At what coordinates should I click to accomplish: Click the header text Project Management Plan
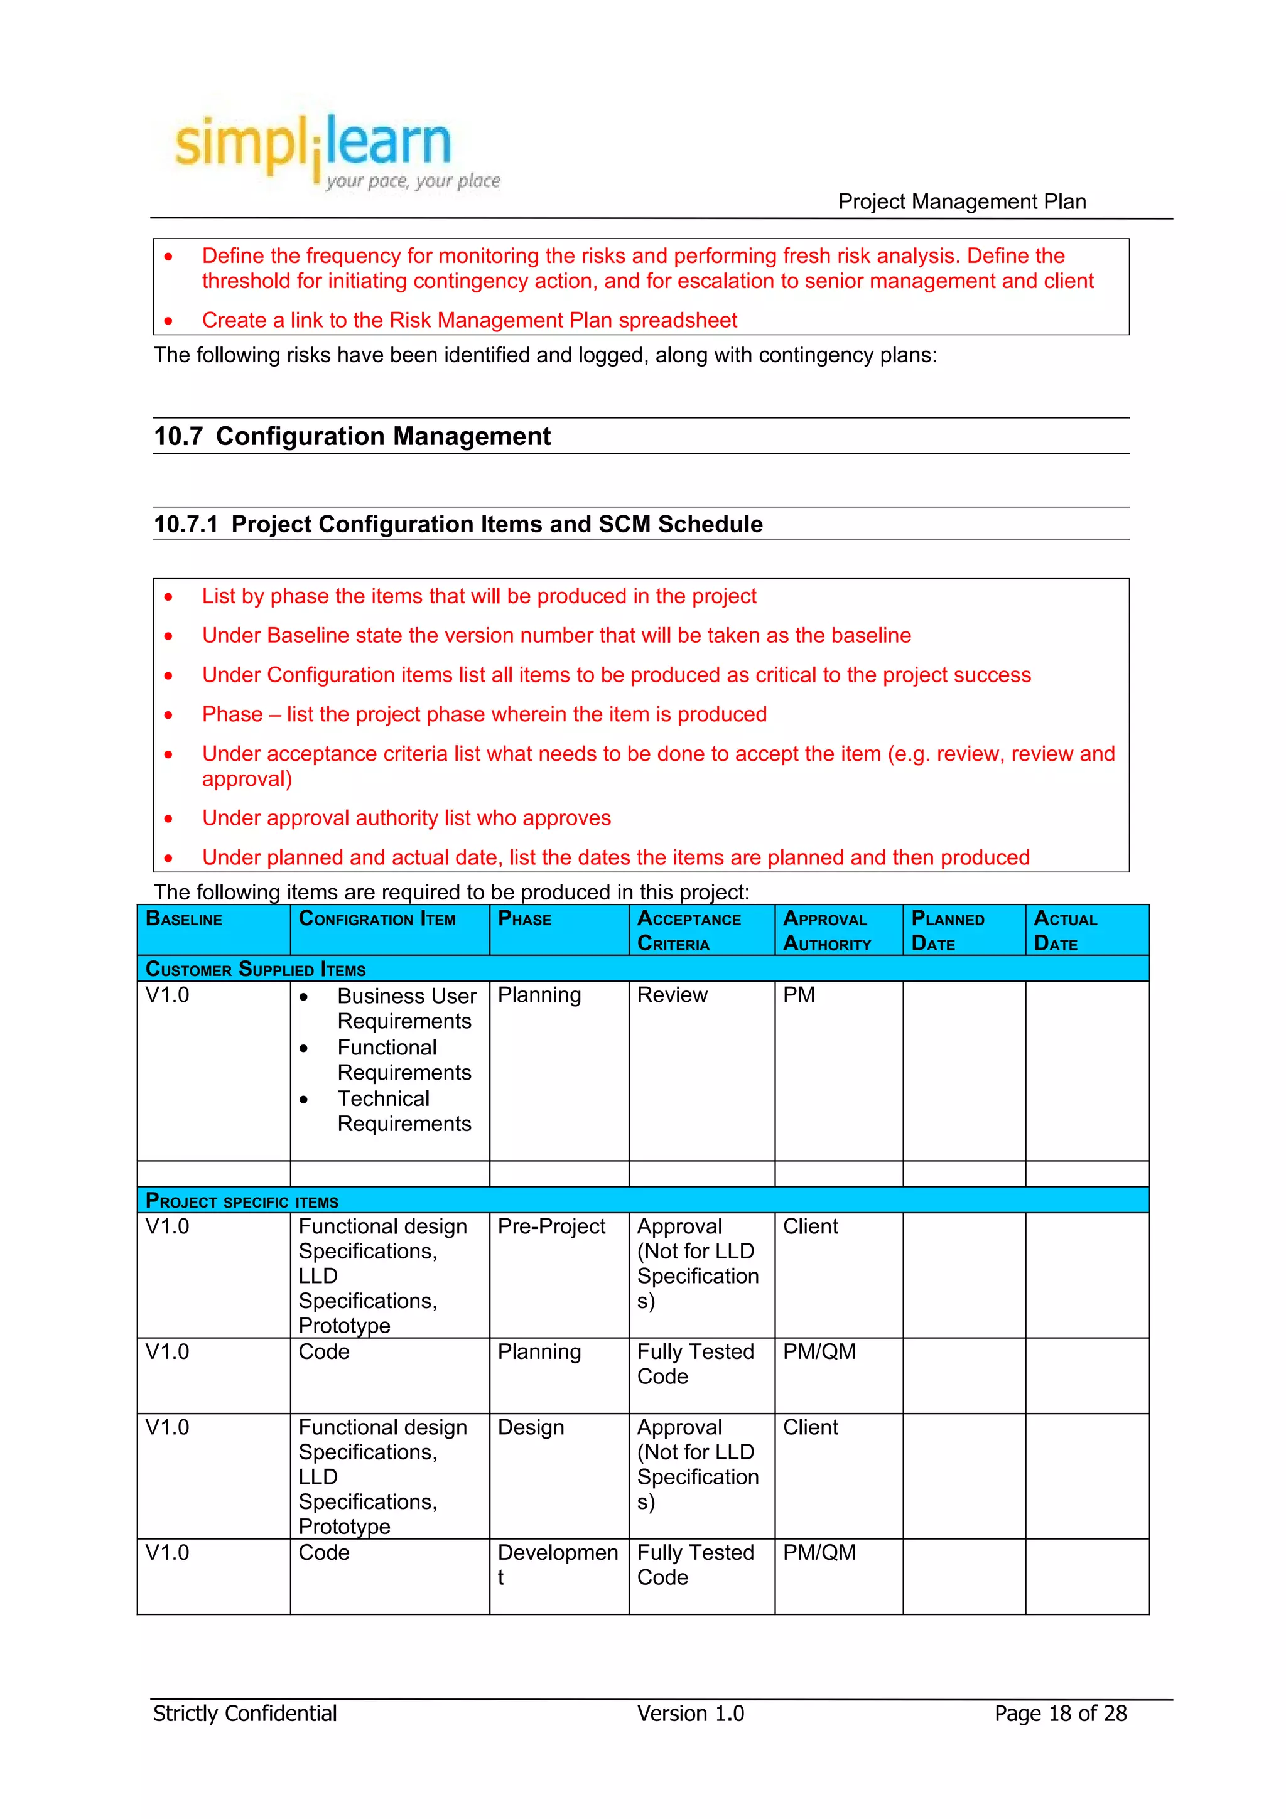(x=961, y=201)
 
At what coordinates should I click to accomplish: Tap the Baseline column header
(x=185, y=919)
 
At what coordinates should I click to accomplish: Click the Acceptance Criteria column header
(x=689, y=931)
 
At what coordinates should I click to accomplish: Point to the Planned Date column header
(x=948, y=931)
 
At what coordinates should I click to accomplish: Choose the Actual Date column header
(x=1065, y=931)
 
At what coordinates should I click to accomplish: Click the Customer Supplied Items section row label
(x=256, y=969)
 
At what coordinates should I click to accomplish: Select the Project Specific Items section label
(x=242, y=1201)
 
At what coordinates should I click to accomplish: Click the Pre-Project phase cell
(x=551, y=1226)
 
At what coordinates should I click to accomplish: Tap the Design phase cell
(x=531, y=1427)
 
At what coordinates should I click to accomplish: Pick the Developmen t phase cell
(x=557, y=1564)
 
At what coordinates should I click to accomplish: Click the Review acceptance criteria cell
(x=672, y=994)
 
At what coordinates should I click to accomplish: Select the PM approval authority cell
(x=799, y=994)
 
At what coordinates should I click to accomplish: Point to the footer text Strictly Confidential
(x=245, y=1713)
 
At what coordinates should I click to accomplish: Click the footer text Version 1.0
(x=690, y=1713)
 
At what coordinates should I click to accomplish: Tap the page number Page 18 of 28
(x=1060, y=1713)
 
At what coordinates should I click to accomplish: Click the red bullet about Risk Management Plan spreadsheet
(x=469, y=320)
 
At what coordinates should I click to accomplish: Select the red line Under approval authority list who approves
(x=406, y=818)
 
